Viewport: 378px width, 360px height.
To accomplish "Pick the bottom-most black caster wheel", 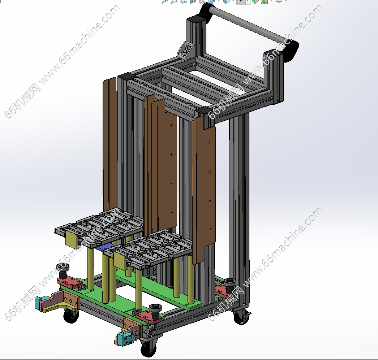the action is tap(148, 348).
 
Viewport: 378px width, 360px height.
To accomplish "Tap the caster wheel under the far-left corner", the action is tap(71, 316).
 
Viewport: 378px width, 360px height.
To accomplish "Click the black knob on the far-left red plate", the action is tap(63, 271).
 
